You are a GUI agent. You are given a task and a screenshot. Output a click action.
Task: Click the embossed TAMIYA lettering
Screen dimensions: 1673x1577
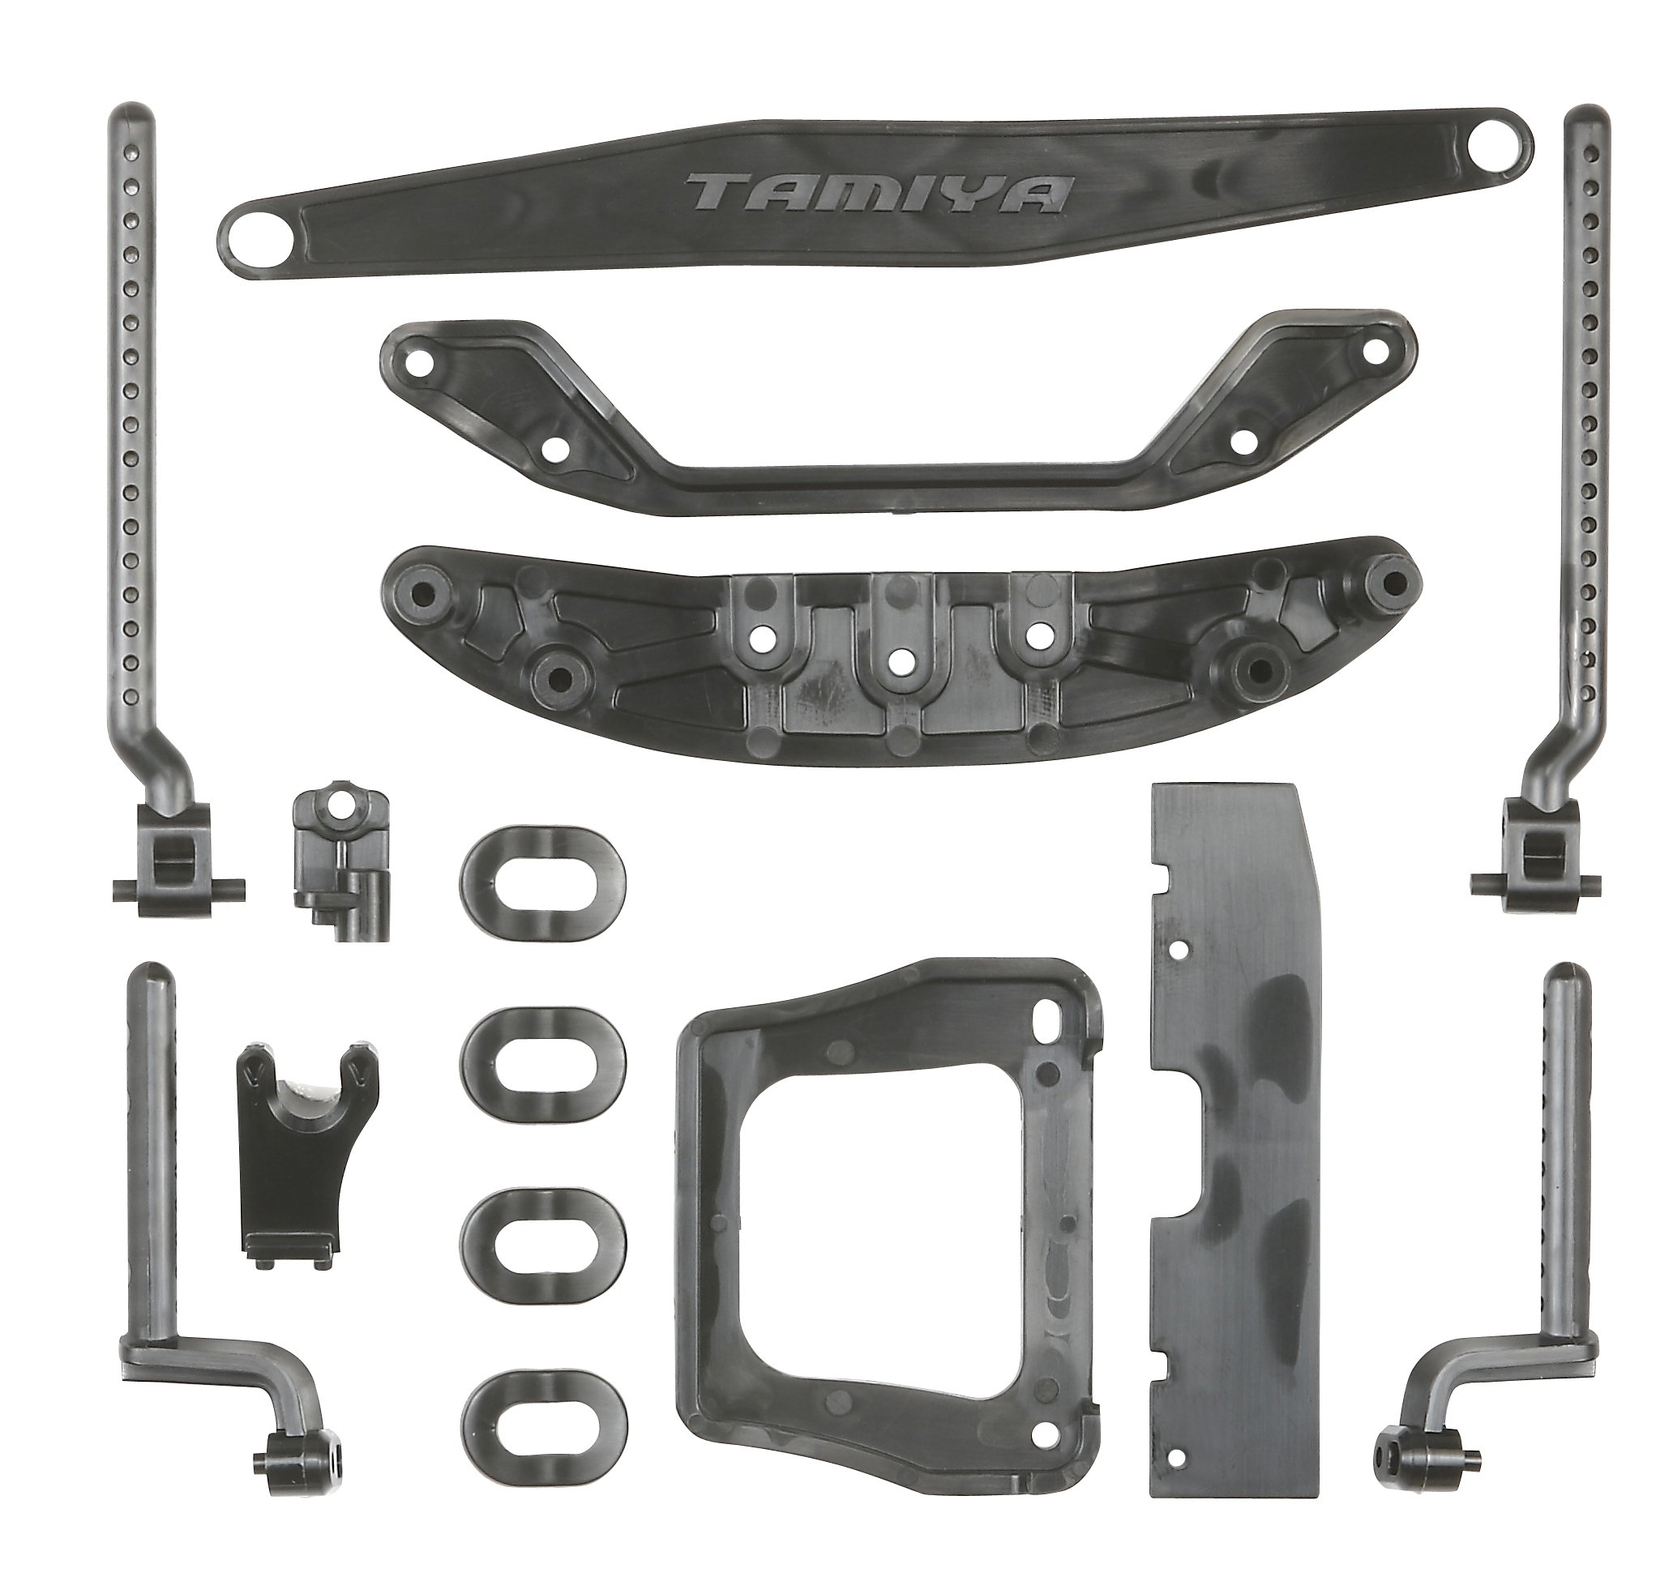pyautogui.click(x=879, y=194)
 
